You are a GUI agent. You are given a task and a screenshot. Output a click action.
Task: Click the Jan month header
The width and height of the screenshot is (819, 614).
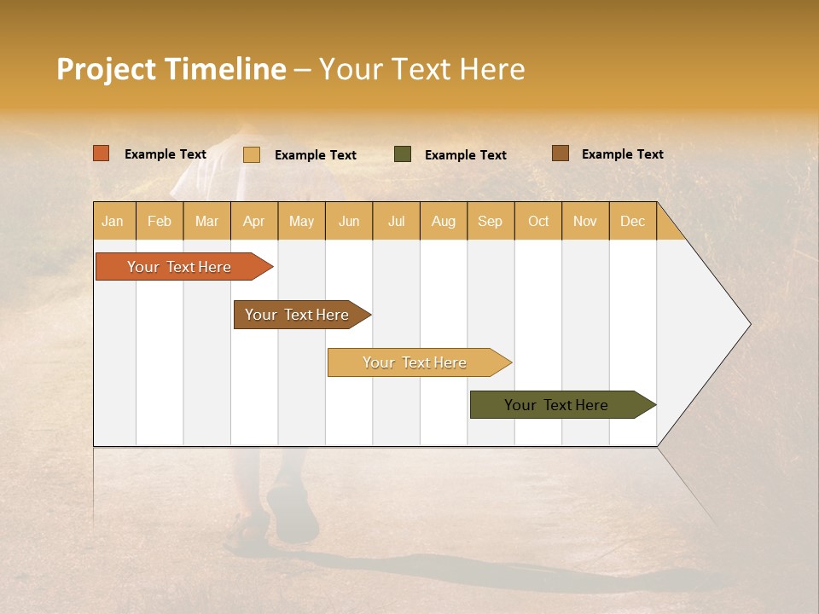(x=113, y=221)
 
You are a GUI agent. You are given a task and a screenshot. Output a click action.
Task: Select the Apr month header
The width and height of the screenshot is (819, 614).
(x=254, y=221)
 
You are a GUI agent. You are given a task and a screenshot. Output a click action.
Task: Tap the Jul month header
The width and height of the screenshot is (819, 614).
(x=396, y=221)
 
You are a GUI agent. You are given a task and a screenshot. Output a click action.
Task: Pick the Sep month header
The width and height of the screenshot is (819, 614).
(x=490, y=221)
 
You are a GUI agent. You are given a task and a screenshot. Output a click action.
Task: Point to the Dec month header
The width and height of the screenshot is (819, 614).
(x=632, y=221)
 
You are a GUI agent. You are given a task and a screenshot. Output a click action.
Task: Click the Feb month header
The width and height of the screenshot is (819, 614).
(x=160, y=221)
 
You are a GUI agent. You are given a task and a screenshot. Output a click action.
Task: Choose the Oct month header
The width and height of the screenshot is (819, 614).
(x=538, y=221)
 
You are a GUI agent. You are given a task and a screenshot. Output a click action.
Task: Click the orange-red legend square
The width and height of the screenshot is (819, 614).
(x=102, y=153)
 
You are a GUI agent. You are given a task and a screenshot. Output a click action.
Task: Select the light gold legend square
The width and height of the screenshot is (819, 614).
(x=252, y=154)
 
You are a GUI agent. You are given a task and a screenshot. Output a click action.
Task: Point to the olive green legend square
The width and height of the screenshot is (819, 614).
(x=403, y=154)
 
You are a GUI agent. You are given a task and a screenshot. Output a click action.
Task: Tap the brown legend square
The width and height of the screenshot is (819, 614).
(x=560, y=153)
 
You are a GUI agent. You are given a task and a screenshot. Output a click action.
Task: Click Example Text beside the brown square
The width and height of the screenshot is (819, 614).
(x=622, y=154)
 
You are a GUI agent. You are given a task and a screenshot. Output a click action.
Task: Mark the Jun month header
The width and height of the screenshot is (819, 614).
(x=349, y=221)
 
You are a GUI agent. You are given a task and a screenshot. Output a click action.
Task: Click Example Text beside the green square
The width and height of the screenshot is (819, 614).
(x=465, y=155)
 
